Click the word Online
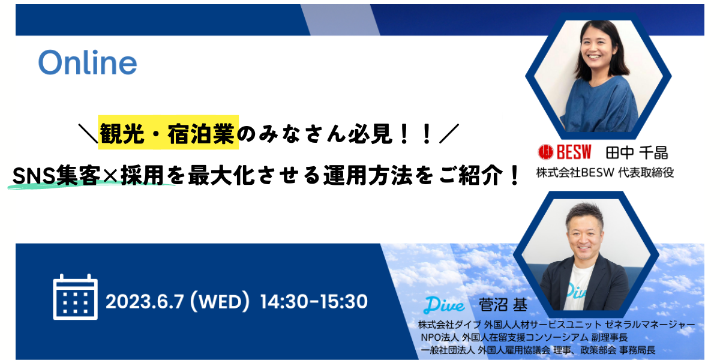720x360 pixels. (x=88, y=62)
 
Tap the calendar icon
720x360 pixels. (x=75, y=297)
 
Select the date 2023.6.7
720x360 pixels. (x=145, y=301)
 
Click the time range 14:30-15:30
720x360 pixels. (x=314, y=301)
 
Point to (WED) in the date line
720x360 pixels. (x=220, y=301)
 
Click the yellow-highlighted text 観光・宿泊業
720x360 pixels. (x=167, y=133)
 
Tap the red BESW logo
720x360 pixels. (x=565, y=152)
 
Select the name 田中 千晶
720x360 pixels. (x=637, y=152)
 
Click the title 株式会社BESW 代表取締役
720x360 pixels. (x=605, y=173)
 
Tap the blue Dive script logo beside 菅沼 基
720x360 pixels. (x=444, y=305)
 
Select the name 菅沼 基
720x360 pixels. (x=503, y=305)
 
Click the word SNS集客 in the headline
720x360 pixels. (x=56, y=175)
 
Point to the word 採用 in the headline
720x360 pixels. (x=142, y=175)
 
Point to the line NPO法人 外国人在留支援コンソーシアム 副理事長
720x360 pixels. (x=524, y=337)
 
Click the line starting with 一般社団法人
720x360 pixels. (x=538, y=350)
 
